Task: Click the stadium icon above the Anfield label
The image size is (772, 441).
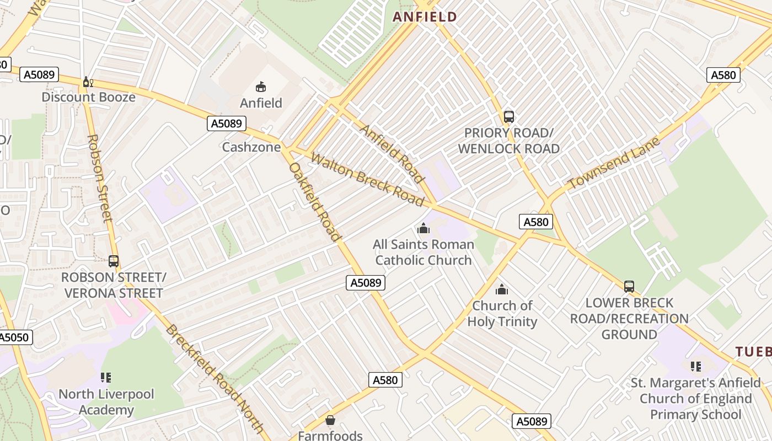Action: (x=261, y=87)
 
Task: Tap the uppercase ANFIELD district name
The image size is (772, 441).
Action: (x=425, y=17)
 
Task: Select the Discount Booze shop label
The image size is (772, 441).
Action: (x=88, y=97)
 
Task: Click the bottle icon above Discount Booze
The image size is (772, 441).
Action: (x=87, y=82)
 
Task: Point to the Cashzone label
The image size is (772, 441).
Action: (x=251, y=147)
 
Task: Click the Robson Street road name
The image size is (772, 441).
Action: (x=100, y=178)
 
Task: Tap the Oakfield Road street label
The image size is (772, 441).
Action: (x=315, y=202)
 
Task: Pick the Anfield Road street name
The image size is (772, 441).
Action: (x=392, y=153)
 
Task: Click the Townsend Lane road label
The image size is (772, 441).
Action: (x=613, y=164)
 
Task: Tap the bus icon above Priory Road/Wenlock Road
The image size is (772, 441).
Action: (x=508, y=117)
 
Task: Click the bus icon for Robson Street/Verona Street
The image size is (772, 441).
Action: (x=114, y=261)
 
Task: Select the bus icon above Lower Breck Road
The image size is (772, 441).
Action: (x=629, y=287)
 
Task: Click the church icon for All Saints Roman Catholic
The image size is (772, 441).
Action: (x=423, y=228)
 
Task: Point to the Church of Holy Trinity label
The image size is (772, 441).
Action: (x=502, y=313)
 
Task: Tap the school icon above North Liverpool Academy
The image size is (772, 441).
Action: (x=106, y=378)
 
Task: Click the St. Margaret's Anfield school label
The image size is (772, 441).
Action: (x=695, y=398)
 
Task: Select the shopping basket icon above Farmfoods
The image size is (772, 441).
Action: (x=330, y=421)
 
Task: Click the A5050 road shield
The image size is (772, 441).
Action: (x=15, y=337)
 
